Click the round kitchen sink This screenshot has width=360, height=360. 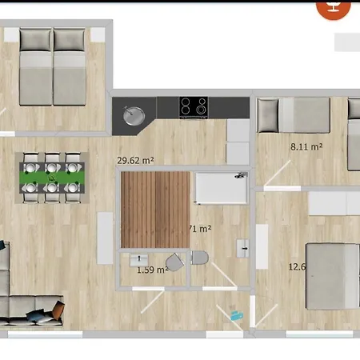(x=131, y=114)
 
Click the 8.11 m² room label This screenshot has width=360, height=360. (x=306, y=146)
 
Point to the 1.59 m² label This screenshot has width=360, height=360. (x=151, y=270)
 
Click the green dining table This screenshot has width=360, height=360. (x=53, y=177)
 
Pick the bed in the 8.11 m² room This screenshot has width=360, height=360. (x=295, y=114)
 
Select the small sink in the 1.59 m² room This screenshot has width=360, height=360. (x=138, y=261)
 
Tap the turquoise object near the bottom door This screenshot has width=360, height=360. (x=236, y=315)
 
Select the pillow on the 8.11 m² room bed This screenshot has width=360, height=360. (x=268, y=114)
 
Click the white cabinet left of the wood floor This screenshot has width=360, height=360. (x=105, y=238)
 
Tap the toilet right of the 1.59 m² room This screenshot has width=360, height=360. (x=200, y=258)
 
